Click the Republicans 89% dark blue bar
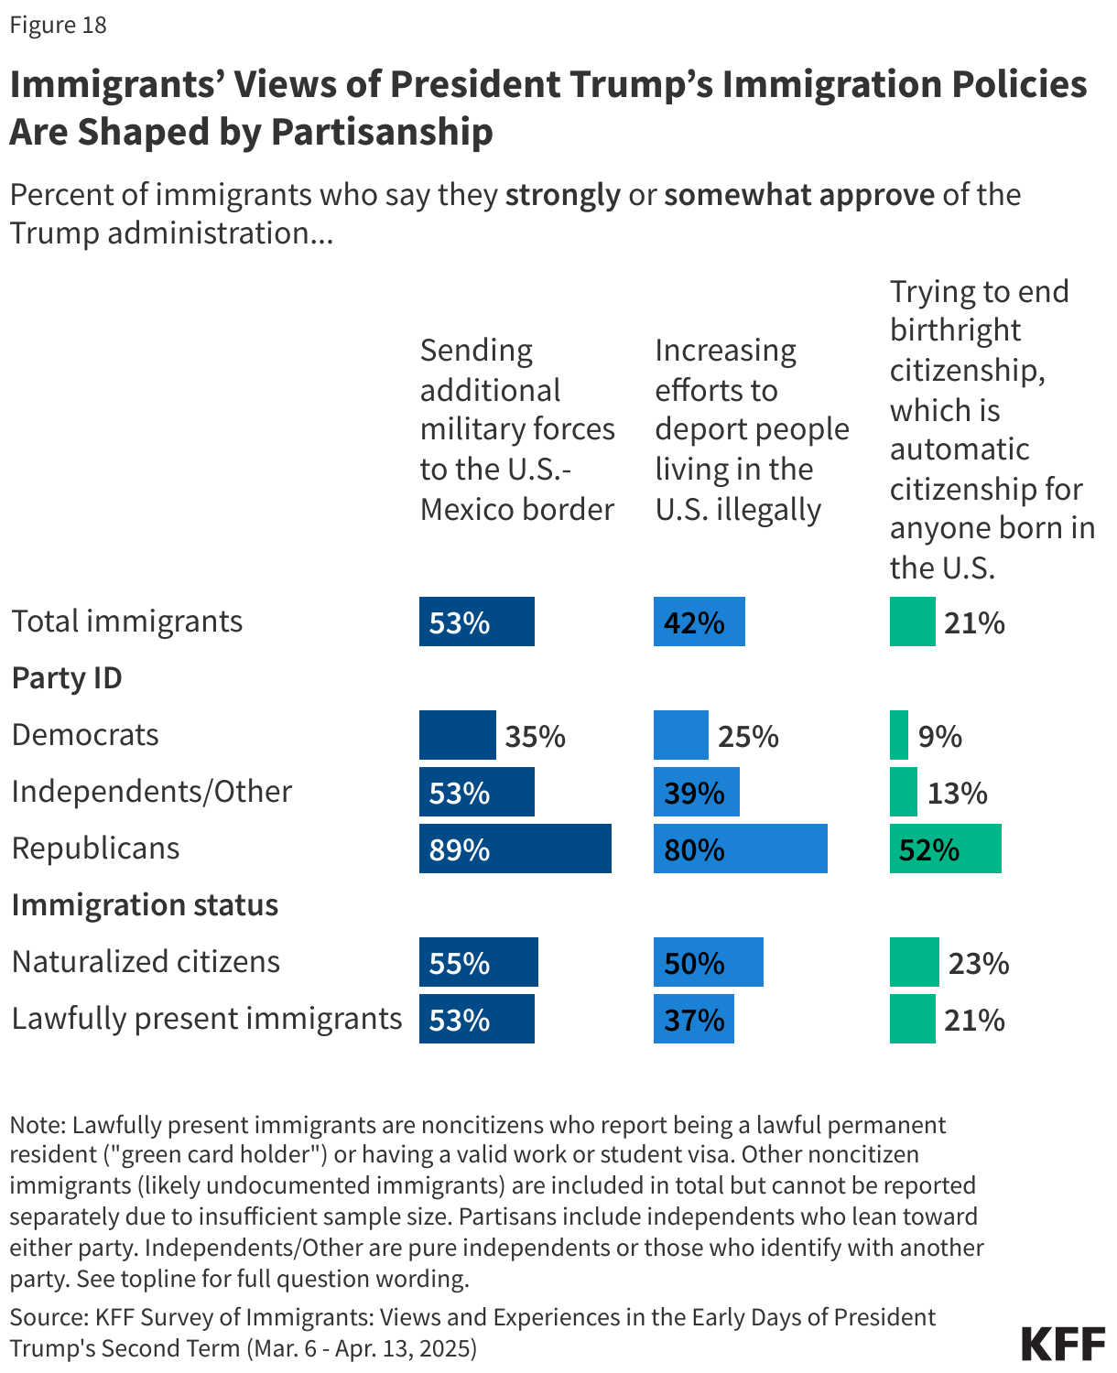515,849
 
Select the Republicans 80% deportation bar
740,849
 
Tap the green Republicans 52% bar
945,849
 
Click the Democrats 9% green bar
899,735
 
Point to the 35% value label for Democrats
536,737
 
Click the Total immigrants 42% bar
699,622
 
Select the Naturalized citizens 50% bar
708,962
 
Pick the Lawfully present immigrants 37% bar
693,1019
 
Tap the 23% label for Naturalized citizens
979,964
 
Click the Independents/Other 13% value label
957,794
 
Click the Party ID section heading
67,678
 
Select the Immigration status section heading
145,905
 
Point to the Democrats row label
85,735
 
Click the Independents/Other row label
152,792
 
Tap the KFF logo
1063,1344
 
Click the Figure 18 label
58,25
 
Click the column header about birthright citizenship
991,429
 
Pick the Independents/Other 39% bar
696,792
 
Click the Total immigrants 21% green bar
912,622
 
